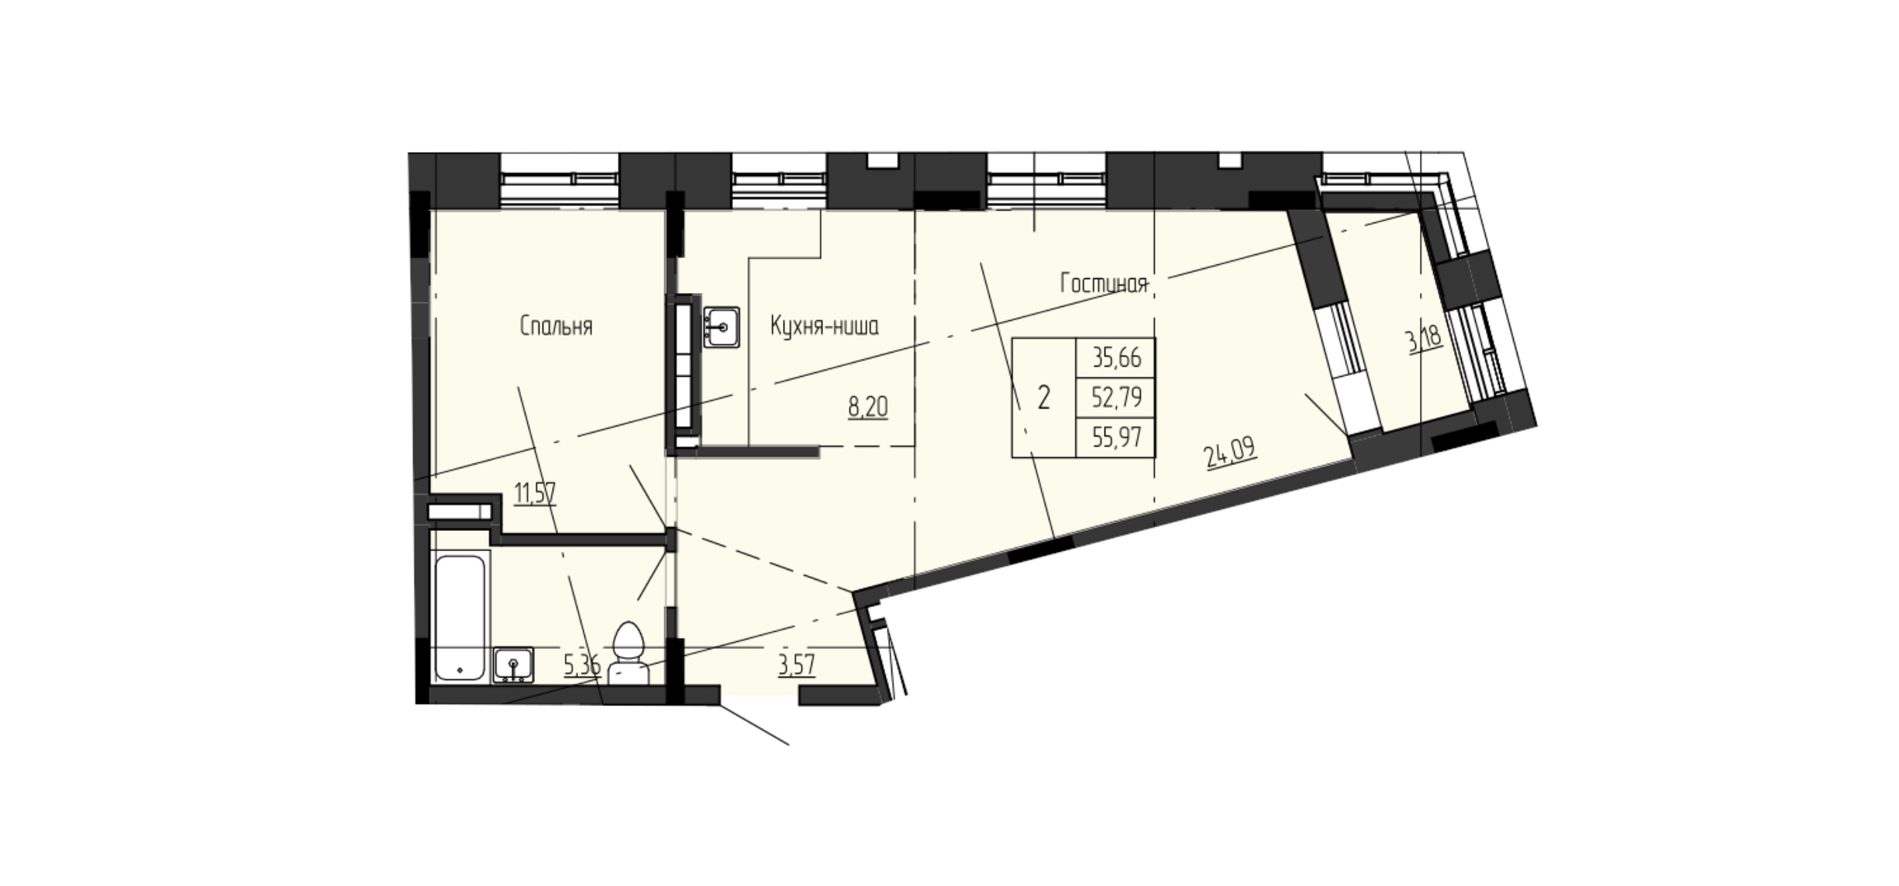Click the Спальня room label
pos(556,327)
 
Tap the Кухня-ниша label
pos(824,327)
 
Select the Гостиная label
pos(1103,284)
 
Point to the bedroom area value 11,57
pos(535,492)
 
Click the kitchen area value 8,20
pos(868,407)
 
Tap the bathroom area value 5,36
pos(582,665)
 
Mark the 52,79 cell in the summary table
pos(1116,398)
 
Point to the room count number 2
pos(1044,398)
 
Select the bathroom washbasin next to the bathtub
pos(512,665)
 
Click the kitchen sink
pos(722,326)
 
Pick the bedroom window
pos(560,180)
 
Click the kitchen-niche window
pos(780,180)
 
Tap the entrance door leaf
pos(755,725)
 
